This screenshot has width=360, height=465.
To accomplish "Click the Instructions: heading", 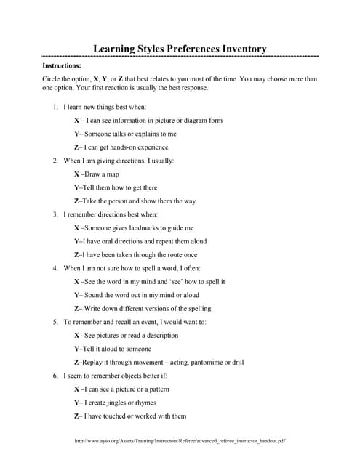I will point(61,65).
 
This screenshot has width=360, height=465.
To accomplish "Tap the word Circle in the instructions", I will point(52,78).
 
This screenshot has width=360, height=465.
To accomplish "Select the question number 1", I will point(55,107).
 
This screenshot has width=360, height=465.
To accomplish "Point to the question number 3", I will point(55,214).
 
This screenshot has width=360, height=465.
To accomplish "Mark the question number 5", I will point(55,322).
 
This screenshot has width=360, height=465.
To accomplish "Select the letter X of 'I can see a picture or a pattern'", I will point(77,389).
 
